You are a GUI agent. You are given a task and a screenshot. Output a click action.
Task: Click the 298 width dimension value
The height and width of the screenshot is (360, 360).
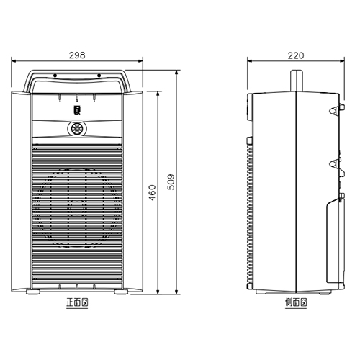(77, 55)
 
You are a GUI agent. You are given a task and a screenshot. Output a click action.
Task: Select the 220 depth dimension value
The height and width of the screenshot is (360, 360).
(296, 55)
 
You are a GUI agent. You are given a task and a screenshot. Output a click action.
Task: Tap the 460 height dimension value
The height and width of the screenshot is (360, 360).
(152, 192)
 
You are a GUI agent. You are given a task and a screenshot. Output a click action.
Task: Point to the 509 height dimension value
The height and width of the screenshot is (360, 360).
(171, 182)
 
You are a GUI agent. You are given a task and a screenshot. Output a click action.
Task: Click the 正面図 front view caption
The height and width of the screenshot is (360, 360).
(77, 302)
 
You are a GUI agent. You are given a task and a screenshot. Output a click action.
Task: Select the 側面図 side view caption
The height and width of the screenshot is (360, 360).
(296, 302)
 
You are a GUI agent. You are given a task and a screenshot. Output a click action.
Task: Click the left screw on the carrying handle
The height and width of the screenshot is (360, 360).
(55, 76)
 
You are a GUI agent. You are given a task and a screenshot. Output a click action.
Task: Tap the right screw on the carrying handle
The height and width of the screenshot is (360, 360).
(99, 76)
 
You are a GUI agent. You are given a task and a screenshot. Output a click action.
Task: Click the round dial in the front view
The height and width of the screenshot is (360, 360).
(76, 129)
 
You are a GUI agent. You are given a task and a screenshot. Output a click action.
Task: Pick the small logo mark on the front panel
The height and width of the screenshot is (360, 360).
(76, 109)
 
